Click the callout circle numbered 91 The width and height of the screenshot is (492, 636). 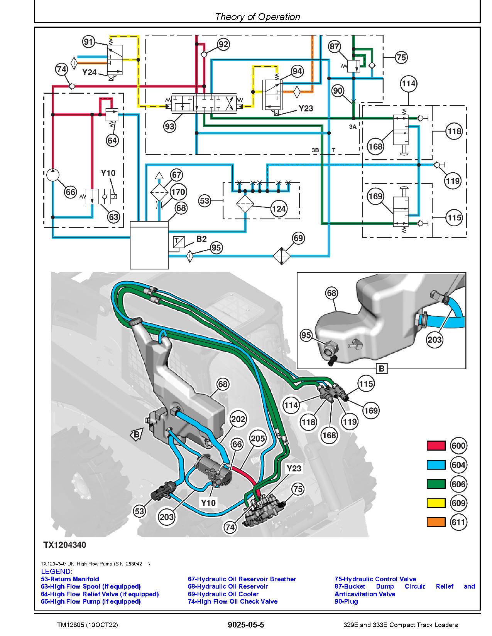89,42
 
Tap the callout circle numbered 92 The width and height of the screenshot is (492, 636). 223,44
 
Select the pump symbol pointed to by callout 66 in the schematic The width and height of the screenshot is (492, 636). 53,175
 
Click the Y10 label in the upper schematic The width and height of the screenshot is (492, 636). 108,173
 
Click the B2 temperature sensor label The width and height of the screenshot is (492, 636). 201,239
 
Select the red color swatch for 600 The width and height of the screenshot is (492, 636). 436,446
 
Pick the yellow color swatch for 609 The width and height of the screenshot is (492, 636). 436,503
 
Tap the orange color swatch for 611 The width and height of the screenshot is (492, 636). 436,522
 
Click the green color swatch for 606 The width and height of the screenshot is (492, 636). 436,484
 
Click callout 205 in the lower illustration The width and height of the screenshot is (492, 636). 258,438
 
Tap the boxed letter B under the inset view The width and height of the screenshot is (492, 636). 382,368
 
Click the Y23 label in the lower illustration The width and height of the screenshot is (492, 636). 294,468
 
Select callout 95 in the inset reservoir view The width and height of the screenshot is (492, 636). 306,336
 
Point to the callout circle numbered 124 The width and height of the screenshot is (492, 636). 279,209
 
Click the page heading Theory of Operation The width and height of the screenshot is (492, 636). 257,17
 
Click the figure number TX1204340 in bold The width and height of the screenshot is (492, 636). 64,545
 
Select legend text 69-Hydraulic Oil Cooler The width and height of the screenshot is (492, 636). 223,594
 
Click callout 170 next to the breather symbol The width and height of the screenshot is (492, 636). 178,192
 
